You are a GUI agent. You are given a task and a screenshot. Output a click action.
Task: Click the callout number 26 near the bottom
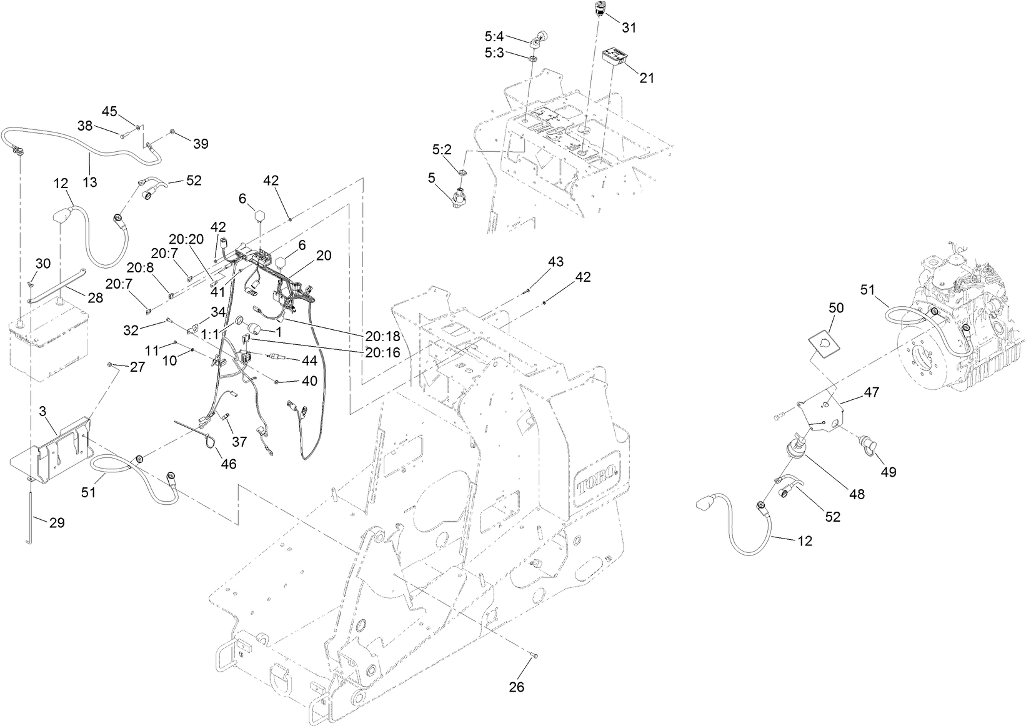click(516, 687)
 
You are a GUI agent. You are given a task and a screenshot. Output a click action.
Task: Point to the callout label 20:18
click(382, 336)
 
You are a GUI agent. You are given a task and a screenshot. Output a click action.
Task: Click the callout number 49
click(888, 472)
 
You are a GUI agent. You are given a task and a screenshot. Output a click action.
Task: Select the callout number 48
click(857, 494)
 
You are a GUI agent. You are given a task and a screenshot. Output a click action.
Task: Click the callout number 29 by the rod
click(57, 522)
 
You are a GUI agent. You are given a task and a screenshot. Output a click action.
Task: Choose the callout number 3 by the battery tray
click(42, 411)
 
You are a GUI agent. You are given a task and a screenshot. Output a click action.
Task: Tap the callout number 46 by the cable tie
click(229, 464)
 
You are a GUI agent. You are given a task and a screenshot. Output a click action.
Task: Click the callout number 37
click(239, 441)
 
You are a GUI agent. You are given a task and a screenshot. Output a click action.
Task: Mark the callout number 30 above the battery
click(42, 264)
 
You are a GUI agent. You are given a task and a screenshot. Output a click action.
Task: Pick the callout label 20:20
click(186, 239)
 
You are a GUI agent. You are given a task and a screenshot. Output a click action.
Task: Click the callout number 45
click(109, 111)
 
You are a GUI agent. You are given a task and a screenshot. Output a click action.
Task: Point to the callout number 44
click(309, 361)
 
